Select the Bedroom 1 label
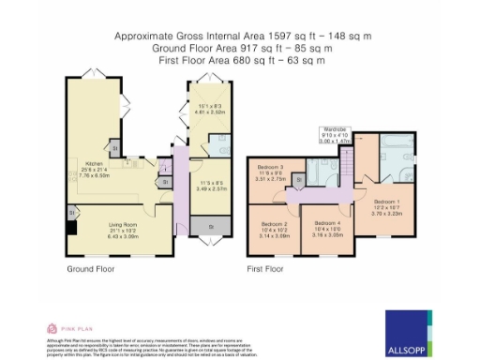pos(386,202)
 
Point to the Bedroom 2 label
pos(274,225)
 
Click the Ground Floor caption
pos(91,269)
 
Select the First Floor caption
pos(266,269)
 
